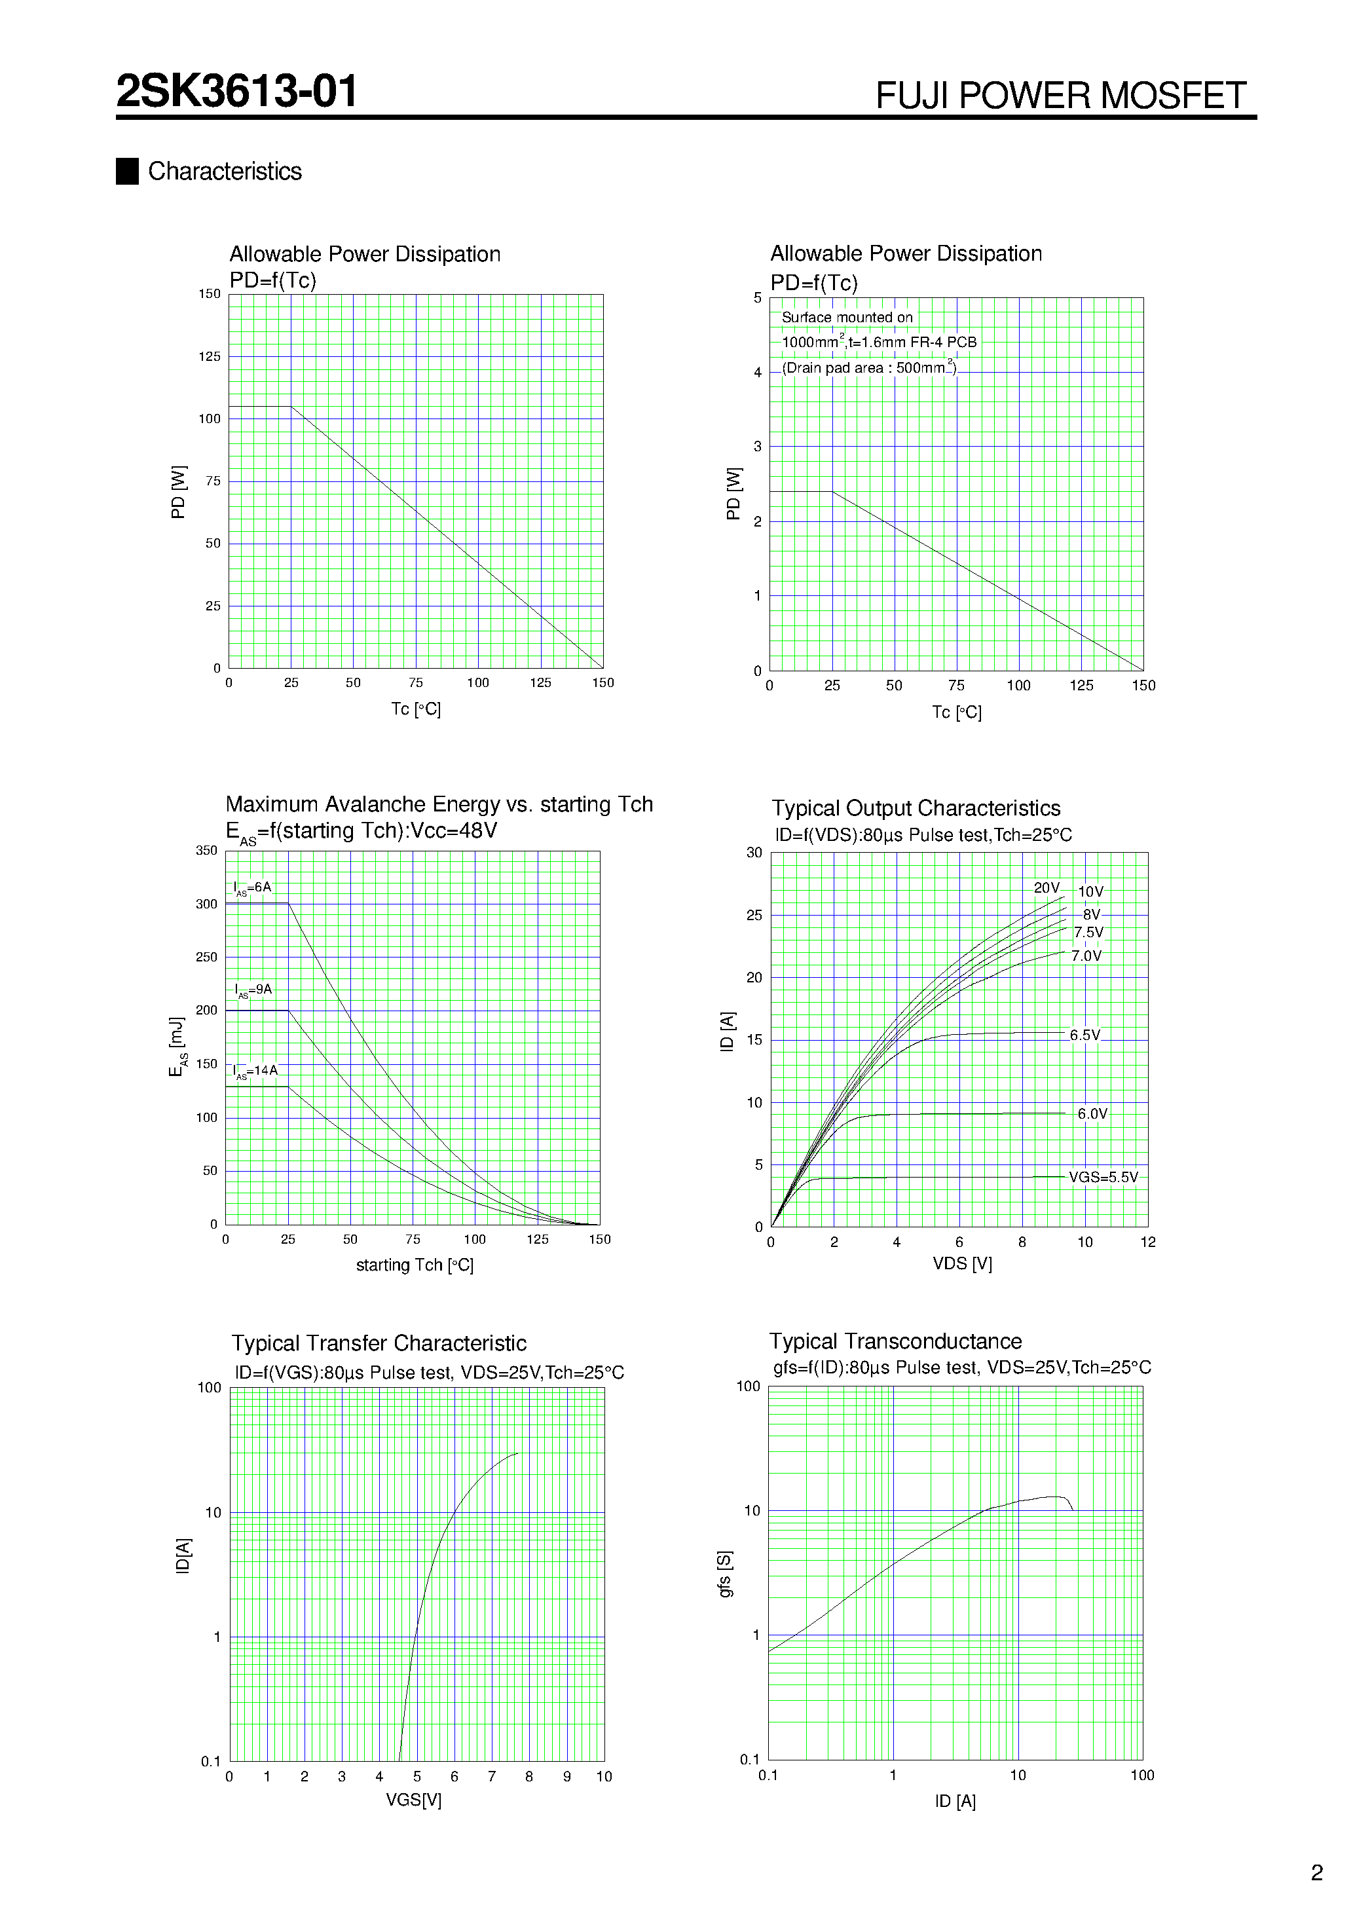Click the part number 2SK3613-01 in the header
tap(237, 91)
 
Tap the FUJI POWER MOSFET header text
tap(1060, 96)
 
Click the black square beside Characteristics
tap(127, 171)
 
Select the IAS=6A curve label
tap(253, 888)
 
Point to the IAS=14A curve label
tap(255, 1071)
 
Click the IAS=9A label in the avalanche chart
tap(253, 990)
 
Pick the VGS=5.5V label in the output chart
tap(1103, 1177)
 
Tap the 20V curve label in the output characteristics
tap(1046, 888)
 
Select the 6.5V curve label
tap(1084, 1035)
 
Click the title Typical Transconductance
tap(895, 1341)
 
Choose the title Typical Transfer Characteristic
tap(379, 1344)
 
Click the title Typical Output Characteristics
tap(916, 808)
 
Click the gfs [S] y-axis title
tap(725, 1574)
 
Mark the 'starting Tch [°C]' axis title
tap(415, 1265)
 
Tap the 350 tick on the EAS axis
tap(206, 851)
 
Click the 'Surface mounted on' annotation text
tap(847, 318)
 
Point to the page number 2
tap(1316, 1873)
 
